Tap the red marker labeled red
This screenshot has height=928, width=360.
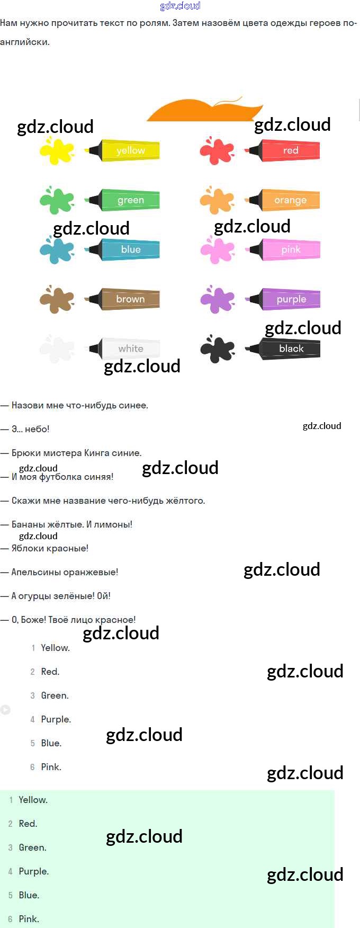tap(283, 150)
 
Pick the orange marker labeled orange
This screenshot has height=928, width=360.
tap(283, 200)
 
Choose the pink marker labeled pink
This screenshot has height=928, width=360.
tap(283, 249)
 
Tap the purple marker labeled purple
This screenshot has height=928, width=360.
tap(283, 299)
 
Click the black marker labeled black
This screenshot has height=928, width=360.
tap(283, 349)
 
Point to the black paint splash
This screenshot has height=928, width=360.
tap(217, 349)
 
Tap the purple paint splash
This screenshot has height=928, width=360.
tap(217, 299)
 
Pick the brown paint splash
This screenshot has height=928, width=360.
tap(57, 299)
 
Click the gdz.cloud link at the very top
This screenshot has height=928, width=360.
tap(180, 6)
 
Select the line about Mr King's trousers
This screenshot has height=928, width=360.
tap(71, 453)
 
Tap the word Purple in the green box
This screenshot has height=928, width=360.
tap(33, 871)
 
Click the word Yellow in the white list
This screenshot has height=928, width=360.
tap(55, 648)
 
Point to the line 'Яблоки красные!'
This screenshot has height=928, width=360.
tap(44, 548)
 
